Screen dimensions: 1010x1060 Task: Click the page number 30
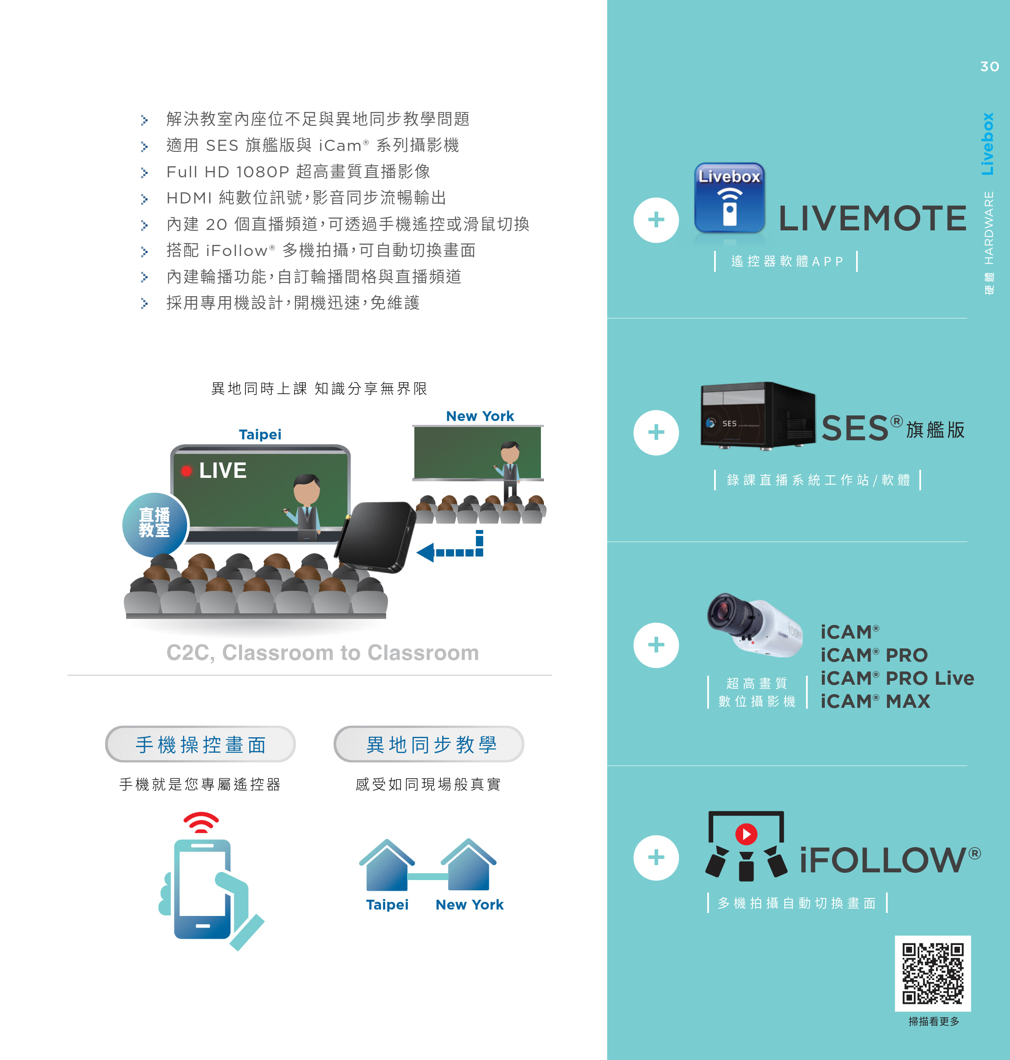click(x=989, y=66)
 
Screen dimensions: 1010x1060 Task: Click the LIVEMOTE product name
click(x=872, y=218)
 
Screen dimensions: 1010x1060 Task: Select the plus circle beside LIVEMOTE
click(x=656, y=220)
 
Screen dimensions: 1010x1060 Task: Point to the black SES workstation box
click(x=758, y=415)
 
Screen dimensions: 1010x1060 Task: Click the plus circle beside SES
click(x=656, y=433)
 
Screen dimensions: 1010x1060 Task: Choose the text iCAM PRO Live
click(x=897, y=678)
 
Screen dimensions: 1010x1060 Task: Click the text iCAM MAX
click(x=875, y=701)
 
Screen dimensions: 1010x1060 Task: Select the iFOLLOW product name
click(x=890, y=859)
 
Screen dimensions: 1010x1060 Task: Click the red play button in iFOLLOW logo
click(x=746, y=834)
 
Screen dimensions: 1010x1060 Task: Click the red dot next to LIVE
click(x=186, y=471)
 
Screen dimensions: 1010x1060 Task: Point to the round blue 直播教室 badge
click(x=155, y=524)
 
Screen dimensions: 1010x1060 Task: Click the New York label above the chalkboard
click(x=480, y=416)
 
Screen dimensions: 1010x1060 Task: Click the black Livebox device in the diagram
click(x=375, y=537)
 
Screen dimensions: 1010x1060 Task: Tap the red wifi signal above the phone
click(x=201, y=822)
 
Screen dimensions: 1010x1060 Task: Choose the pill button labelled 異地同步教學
click(x=429, y=744)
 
